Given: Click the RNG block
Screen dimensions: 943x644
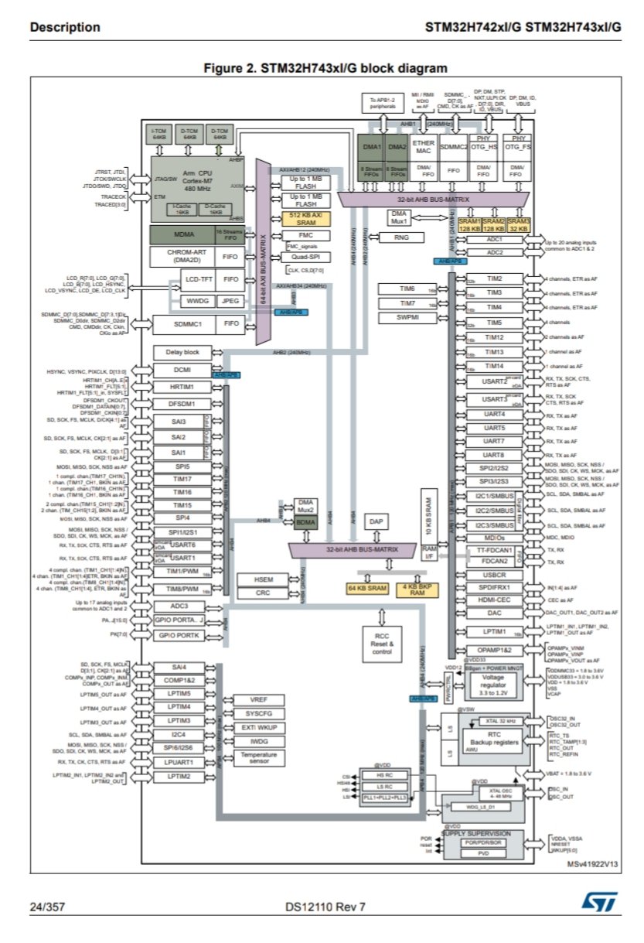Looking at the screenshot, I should [x=401, y=237].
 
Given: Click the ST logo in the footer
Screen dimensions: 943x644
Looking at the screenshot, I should [x=598, y=903].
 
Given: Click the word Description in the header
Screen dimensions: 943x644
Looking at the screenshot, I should [x=65, y=28].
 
